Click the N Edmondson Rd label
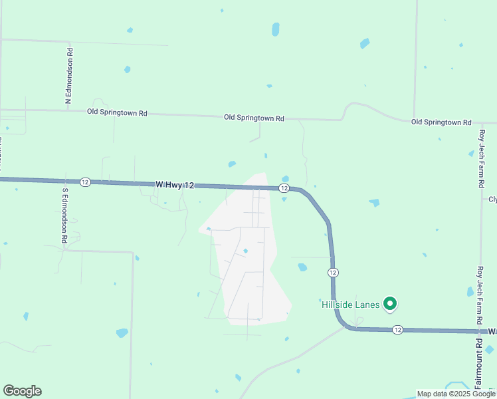[68, 76]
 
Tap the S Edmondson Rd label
[65, 215]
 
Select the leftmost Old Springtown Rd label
[117, 112]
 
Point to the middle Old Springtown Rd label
[254, 118]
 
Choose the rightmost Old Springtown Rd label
[441, 122]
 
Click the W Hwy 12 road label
[175, 184]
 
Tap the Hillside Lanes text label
[351, 305]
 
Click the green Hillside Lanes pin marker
[390, 304]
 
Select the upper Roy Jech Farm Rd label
[482, 158]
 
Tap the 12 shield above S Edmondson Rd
[85, 182]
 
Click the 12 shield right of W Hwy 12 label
[284, 189]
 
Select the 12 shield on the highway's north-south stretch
[333, 273]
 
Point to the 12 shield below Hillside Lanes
[397, 330]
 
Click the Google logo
[22, 391]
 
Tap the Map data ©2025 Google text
[456, 394]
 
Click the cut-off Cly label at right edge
[492, 199]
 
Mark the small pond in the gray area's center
[246, 251]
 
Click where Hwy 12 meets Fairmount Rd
[480, 331]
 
